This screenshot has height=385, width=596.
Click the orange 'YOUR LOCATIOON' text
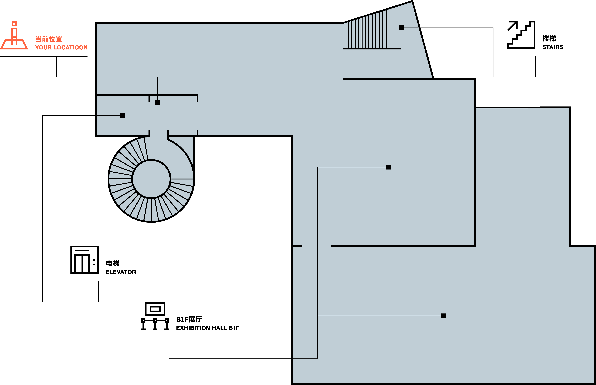coord(61,47)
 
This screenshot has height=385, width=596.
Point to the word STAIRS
coord(552,47)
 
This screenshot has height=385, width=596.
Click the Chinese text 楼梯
coord(549,39)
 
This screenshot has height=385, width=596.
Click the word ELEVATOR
coord(121,272)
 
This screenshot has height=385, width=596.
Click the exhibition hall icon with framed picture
coord(155,316)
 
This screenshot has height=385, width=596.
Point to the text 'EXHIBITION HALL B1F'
coord(208,328)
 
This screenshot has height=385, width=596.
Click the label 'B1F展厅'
coord(189,319)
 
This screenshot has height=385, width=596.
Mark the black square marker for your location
coord(157,103)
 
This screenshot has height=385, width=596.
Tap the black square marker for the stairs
coord(401,28)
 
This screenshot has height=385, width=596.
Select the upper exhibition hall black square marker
coord(388,167)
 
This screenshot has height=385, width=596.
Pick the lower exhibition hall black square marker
coord(444,316)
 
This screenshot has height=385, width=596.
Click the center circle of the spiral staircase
coord(151,179)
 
